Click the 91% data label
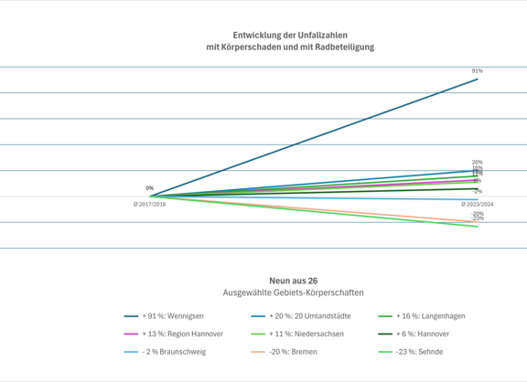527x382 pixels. (x=478, y=70)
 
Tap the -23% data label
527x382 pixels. (x=478, y=219)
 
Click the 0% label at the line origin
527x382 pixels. (x=149, y=188)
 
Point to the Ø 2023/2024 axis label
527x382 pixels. (x=477, y=205)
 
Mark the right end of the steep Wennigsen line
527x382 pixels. (x=477, y=80)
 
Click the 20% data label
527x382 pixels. (x=478, y=163)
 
